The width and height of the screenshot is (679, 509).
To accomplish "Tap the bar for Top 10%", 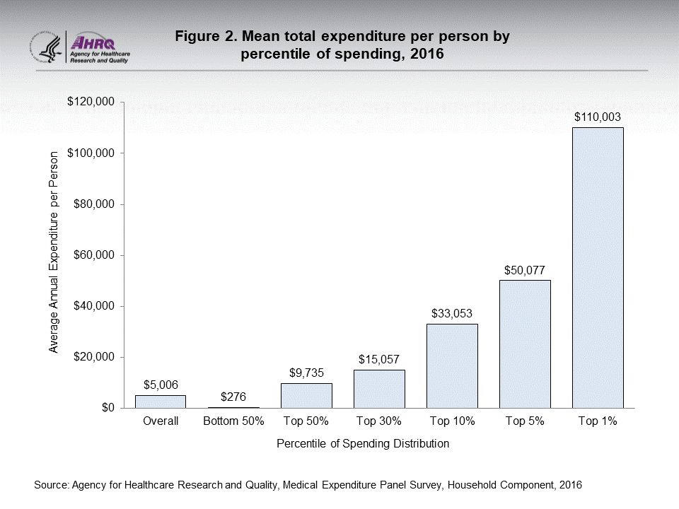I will tap(452, 365).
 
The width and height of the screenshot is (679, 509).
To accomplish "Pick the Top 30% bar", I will tap(379, 388).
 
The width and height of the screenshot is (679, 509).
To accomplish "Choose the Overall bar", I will tap(161, 401).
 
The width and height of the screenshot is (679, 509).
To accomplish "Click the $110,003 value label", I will tap(598, 117).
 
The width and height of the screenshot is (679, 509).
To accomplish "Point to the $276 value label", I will tap(233, 396).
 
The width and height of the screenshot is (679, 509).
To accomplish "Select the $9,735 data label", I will tap(306, 373).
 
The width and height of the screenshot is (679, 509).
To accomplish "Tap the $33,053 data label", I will tap(452, 313).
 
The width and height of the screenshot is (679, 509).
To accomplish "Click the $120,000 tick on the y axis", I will tap(91, 102).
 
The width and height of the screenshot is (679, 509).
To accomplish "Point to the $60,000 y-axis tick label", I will tap(93, 255).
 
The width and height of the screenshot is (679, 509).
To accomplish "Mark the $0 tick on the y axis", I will tap(107, 408).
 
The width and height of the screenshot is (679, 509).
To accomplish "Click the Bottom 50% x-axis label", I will tap(233, 421).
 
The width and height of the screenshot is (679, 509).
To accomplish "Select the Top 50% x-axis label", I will tap(306, 421).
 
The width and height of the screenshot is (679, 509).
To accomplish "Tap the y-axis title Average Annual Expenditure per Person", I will tap(54, 255).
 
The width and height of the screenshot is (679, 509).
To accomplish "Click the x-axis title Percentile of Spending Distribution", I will tap(363, 444).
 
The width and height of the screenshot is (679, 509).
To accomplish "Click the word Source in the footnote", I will tap(51, 486).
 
